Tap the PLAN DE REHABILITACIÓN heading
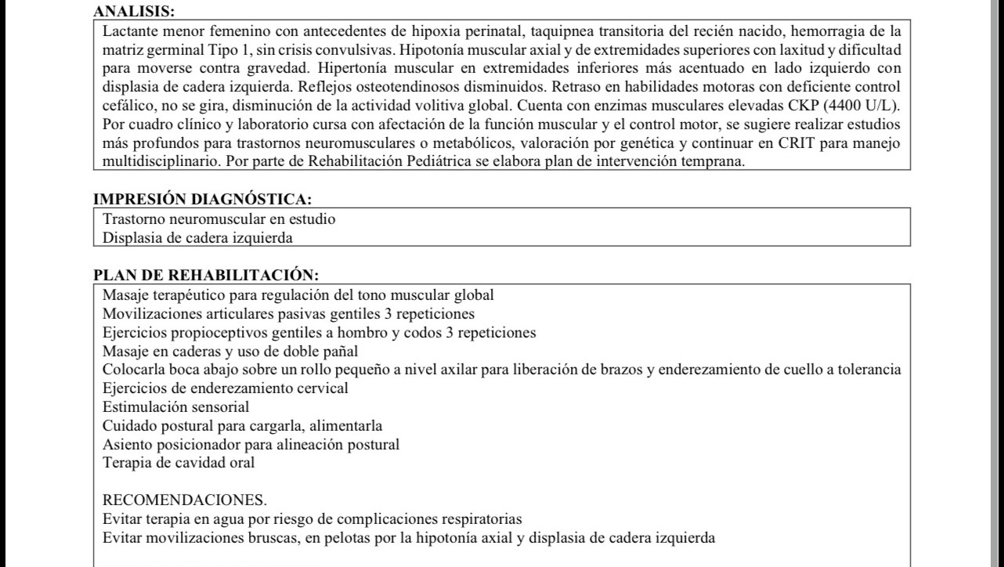(x=206, y=276)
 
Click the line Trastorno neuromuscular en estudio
(x=219, y=219)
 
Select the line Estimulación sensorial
(x=176, y=406)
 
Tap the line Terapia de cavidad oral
(x=179, y=462)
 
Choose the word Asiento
(x=126, y=444)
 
